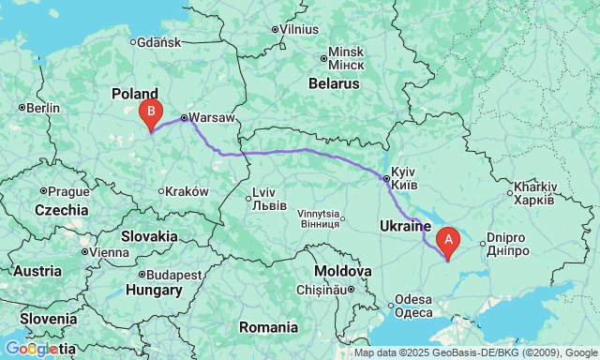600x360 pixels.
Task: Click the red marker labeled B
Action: pyautogui.click(x=150, y=113)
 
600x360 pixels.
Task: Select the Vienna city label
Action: pyautogui.click(x=109, y=251)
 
